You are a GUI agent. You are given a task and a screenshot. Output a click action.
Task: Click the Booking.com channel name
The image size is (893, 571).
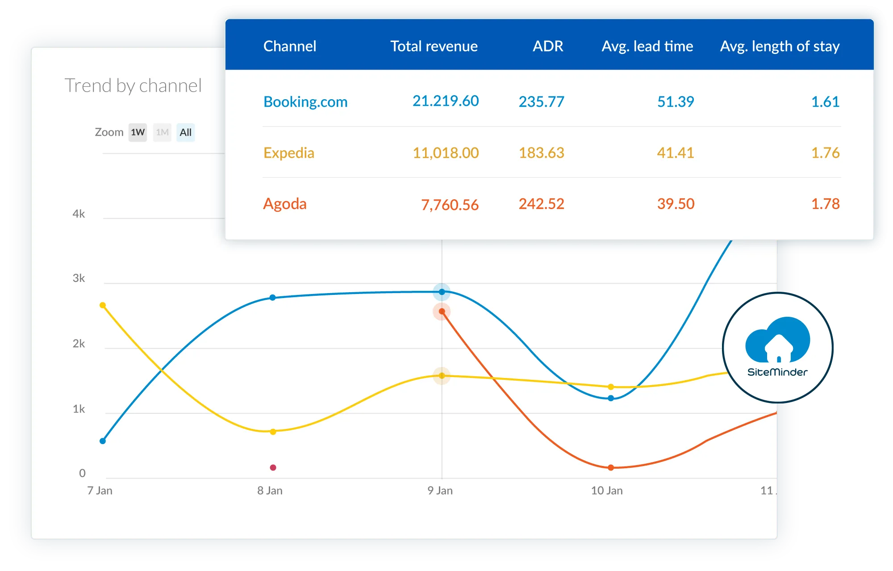click(305, 102)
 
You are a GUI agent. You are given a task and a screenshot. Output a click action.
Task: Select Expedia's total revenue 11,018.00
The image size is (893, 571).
click(446, 153)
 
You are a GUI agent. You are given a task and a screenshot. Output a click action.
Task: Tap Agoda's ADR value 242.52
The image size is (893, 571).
click(542, 204)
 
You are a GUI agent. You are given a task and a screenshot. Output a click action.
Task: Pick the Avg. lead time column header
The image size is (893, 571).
click(647, 46)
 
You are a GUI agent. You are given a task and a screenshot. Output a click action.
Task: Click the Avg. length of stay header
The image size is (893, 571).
click(780, 46)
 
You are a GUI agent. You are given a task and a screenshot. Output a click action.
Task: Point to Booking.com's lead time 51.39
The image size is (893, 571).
click(676, 102)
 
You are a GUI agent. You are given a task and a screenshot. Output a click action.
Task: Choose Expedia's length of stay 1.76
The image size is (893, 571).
click(826, 153)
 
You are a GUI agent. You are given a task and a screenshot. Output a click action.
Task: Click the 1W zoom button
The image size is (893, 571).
click(138, 132)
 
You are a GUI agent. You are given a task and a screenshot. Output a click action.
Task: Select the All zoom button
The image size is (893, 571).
click(186, 132)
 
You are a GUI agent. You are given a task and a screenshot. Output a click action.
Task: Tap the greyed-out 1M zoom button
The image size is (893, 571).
click(162, 132)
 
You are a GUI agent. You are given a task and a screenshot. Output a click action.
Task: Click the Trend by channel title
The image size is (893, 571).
click(133, 85)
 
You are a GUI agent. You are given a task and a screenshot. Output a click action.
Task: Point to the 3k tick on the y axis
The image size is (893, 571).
click(79, 278)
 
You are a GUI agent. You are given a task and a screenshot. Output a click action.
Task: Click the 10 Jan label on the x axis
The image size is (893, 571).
click(607, 491)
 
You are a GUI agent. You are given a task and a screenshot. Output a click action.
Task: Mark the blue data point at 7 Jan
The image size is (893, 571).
click(103, 441)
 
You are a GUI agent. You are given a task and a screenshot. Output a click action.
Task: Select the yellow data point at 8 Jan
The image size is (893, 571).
click(273, 432)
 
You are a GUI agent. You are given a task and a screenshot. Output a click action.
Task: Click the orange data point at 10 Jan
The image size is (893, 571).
click(611, 467)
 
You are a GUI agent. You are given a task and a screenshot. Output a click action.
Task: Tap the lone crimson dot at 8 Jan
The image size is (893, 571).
click(273, 467)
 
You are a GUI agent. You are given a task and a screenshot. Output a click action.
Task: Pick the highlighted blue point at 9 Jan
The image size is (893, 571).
click(442, 292)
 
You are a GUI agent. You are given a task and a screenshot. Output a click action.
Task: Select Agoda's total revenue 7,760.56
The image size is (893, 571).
click(450, 205)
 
